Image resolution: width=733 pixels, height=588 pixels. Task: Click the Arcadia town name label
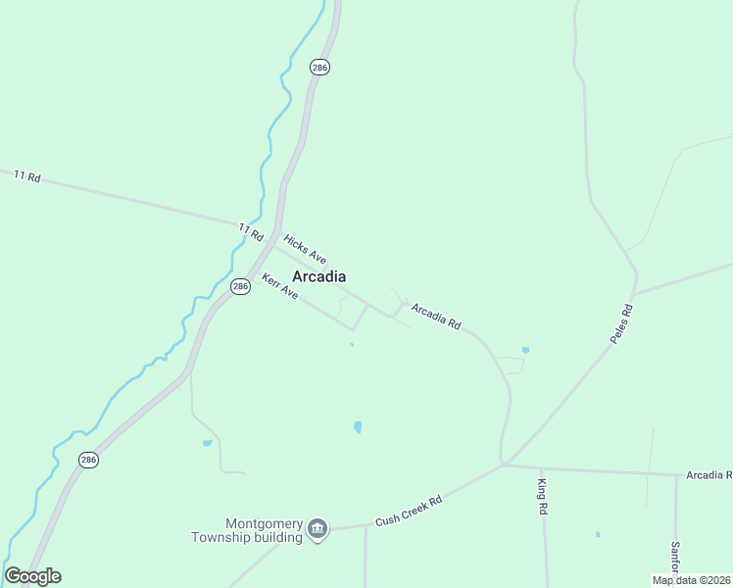318,276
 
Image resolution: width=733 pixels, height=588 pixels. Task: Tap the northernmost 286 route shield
319,67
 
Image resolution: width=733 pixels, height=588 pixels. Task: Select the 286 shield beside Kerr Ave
240,286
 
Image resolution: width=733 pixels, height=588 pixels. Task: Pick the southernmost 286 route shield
88,459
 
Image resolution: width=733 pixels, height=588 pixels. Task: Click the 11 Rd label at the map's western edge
26,175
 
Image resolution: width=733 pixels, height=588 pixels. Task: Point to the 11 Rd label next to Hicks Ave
251,232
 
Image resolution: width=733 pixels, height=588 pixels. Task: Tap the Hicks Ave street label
304,250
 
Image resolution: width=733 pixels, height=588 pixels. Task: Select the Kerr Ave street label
279,286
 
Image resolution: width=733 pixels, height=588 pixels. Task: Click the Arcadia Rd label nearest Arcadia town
436,316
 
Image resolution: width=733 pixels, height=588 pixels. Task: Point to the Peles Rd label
621,324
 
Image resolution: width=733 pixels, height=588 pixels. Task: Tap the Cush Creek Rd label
409,512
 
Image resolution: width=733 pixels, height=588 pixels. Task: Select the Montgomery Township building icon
317,530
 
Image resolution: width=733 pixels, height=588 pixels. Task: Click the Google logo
32,576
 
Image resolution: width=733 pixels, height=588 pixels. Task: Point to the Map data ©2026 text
692,580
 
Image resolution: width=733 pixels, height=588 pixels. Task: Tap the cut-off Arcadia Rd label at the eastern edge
709,475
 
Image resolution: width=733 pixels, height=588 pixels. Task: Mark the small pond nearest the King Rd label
597,535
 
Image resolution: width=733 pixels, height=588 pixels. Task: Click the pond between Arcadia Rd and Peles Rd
525,350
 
